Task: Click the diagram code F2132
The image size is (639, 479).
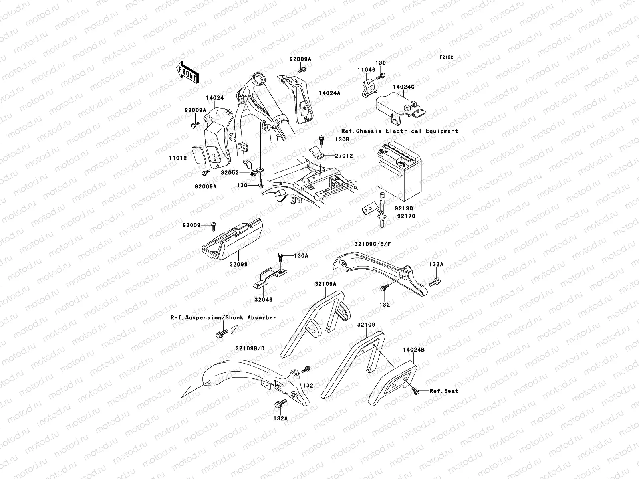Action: (447, 57)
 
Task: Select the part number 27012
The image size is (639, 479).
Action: (344, 156)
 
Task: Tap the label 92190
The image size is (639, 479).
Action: (405, 208)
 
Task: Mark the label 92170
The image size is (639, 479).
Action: (406, 216)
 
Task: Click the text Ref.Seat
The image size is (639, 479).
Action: (444, 391)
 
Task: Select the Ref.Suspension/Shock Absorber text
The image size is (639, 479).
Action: (223, 318)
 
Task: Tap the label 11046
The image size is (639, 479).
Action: (366, 69)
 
